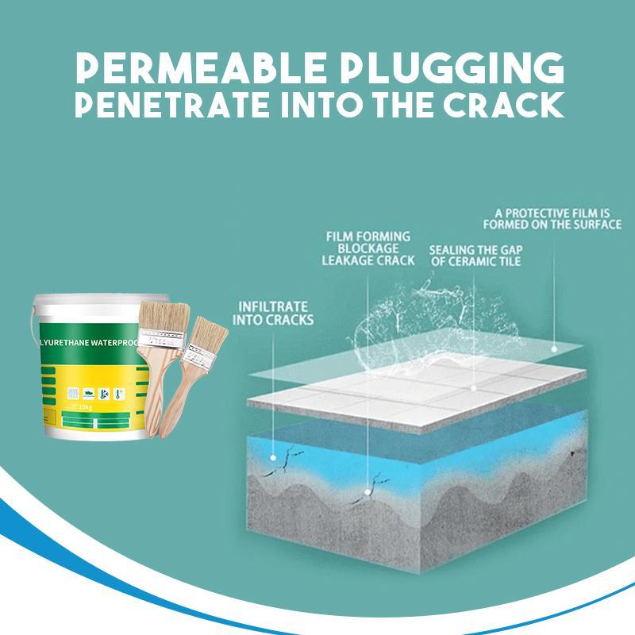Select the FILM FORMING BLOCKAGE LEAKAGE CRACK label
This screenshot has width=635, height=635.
click(368, 248)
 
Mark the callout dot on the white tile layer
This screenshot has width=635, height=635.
click(473, 389)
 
